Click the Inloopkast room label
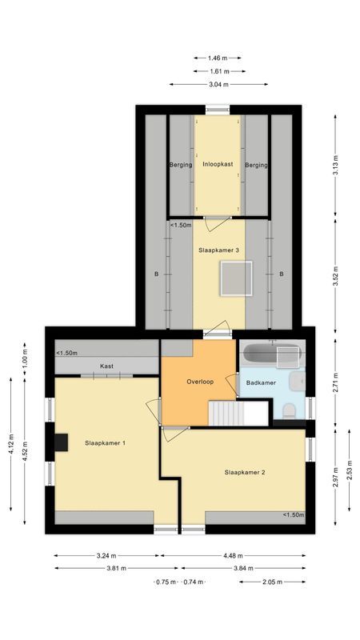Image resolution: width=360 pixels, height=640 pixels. [x=218, y=164]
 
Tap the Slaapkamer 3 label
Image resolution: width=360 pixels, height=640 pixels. [x=218, y=250]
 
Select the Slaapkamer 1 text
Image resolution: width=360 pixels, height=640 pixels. [x=105, y=442]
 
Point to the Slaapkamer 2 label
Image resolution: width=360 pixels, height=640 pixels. [x=245, y=472]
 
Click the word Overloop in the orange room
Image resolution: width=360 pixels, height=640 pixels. [x=200, y=382]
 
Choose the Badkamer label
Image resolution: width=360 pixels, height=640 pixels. [x=261, y=383]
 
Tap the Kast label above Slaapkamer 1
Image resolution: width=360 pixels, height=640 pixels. [x=106, y=366]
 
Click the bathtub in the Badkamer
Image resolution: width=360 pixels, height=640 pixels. [x=270, y=353]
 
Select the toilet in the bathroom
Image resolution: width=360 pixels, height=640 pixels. [x=289, y=410]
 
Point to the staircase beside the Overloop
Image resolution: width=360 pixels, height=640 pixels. [x=238, y=414]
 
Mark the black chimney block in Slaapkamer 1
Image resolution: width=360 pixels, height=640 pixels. [x=61, y=442]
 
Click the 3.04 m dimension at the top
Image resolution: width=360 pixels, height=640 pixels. [x=218, y=84]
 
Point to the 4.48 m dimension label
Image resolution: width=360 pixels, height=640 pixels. [x=238, y=554]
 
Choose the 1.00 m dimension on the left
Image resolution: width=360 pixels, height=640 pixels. [x=25, y=360]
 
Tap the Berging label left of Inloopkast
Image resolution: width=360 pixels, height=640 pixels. [x=180, y=165]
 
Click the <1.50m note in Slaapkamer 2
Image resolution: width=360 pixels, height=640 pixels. [x=293, y=515]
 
